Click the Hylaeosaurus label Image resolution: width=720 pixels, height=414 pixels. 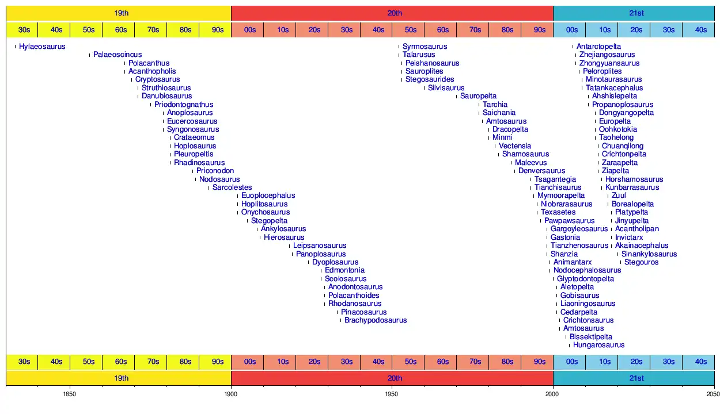coord(42,47)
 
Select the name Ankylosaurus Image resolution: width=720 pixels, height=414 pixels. coord(283,229)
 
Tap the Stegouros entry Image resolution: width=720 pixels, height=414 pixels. coord(641,262)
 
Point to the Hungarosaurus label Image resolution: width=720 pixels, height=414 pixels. coord(598,346)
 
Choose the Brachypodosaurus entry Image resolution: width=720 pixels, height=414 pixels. coord(376,320)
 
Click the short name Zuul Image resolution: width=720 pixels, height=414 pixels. coord(619,195)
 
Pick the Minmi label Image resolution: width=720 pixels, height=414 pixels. coord(503,137)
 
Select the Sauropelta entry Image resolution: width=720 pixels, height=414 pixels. coord(478,96)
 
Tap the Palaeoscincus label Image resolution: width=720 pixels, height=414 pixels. coord(118,55)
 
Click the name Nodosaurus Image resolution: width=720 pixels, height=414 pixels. coord(219,179)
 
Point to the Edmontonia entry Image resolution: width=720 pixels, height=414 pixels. coord(344,270)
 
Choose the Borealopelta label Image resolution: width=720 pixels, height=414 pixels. coord(632,204)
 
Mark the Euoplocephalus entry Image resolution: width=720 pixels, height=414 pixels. coord(268,195)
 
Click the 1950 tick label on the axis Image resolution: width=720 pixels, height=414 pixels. coord(392,394)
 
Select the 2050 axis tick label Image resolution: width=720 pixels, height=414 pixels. coord(713,394)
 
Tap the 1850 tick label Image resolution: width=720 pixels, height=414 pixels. coord(70,394)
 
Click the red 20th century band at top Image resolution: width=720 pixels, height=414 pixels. coord(392,13)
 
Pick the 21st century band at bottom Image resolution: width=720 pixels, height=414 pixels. coord(634,378)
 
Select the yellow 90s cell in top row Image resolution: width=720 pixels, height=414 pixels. coord(217,30)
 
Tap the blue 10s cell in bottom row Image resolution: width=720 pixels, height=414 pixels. coord(604,362)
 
